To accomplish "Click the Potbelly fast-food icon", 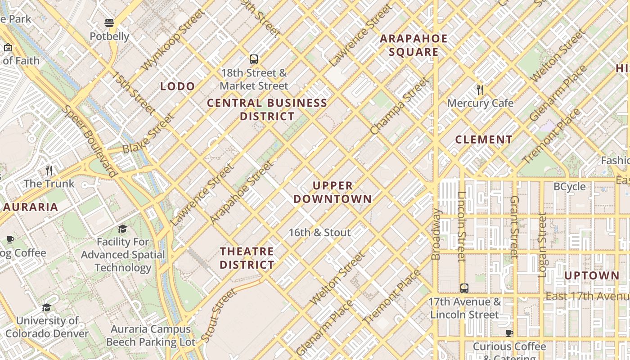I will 109,23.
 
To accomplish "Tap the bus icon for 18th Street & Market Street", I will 254,59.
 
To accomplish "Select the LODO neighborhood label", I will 178,86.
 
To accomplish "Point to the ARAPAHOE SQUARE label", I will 414,45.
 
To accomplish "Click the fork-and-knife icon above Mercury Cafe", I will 480,90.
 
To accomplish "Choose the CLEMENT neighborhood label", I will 484,139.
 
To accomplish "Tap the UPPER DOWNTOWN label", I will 333,192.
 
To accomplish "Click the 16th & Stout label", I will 319,233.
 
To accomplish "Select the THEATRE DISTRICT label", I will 247,258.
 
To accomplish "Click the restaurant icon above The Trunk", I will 49,170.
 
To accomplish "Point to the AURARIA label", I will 31,207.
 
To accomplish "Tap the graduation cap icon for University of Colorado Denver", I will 46,307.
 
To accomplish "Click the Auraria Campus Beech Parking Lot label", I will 151,336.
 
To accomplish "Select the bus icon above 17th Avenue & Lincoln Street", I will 464,288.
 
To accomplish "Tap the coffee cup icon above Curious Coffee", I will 509,333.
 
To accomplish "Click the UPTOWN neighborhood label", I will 591,275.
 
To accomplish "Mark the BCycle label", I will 569,186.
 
